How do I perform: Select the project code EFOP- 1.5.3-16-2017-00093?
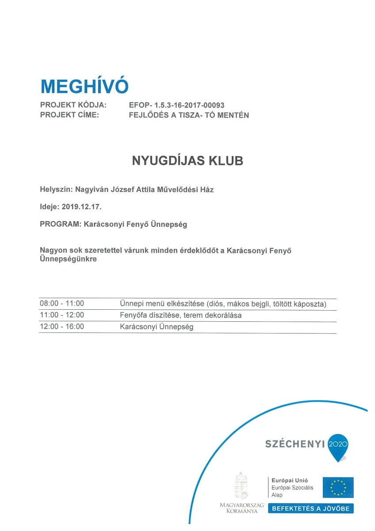176,105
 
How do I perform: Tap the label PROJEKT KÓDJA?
73,105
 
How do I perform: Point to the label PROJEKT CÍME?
69,115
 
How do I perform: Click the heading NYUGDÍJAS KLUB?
187,161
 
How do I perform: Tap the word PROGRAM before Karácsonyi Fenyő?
59,224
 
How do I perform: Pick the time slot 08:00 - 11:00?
62,304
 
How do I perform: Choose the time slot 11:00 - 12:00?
62,316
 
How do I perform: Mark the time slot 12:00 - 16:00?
62,327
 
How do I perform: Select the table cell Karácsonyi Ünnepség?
157,327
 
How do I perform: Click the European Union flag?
338,487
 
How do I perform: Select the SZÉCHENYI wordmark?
295,443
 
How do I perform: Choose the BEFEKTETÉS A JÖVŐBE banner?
310,508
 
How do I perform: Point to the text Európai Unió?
290,480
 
